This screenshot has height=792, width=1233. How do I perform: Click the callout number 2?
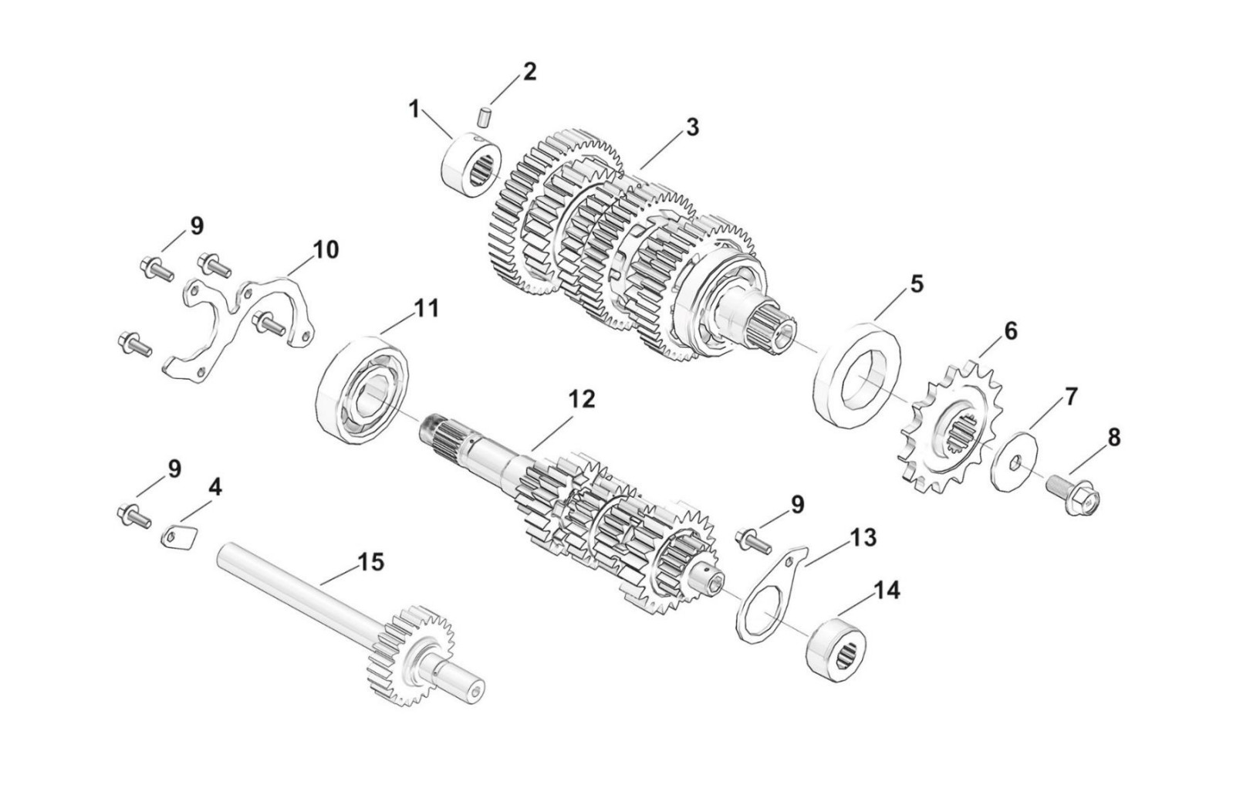coord(529,72)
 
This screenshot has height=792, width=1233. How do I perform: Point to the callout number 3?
coord(692,127)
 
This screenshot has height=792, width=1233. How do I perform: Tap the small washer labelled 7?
coord(1013,462)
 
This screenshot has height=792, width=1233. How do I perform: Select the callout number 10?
coord(325,250)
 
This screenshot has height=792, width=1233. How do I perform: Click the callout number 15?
coord(370,562)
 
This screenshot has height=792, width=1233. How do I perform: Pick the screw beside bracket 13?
coord(752,539)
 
